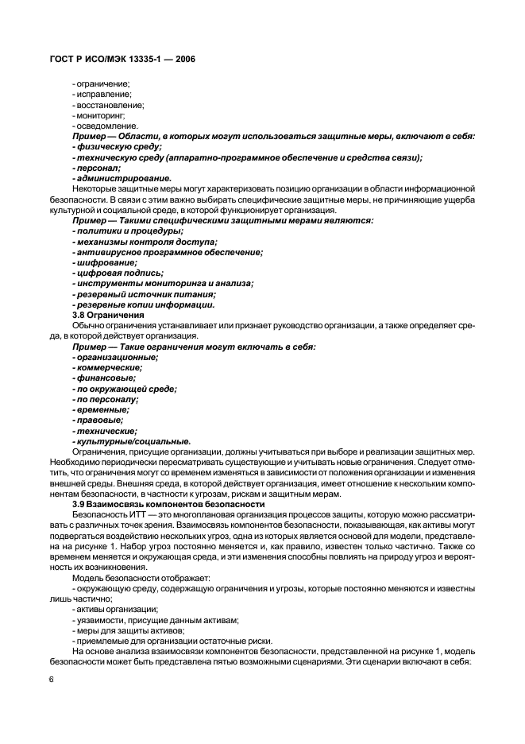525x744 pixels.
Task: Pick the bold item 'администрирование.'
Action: point(120,177)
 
